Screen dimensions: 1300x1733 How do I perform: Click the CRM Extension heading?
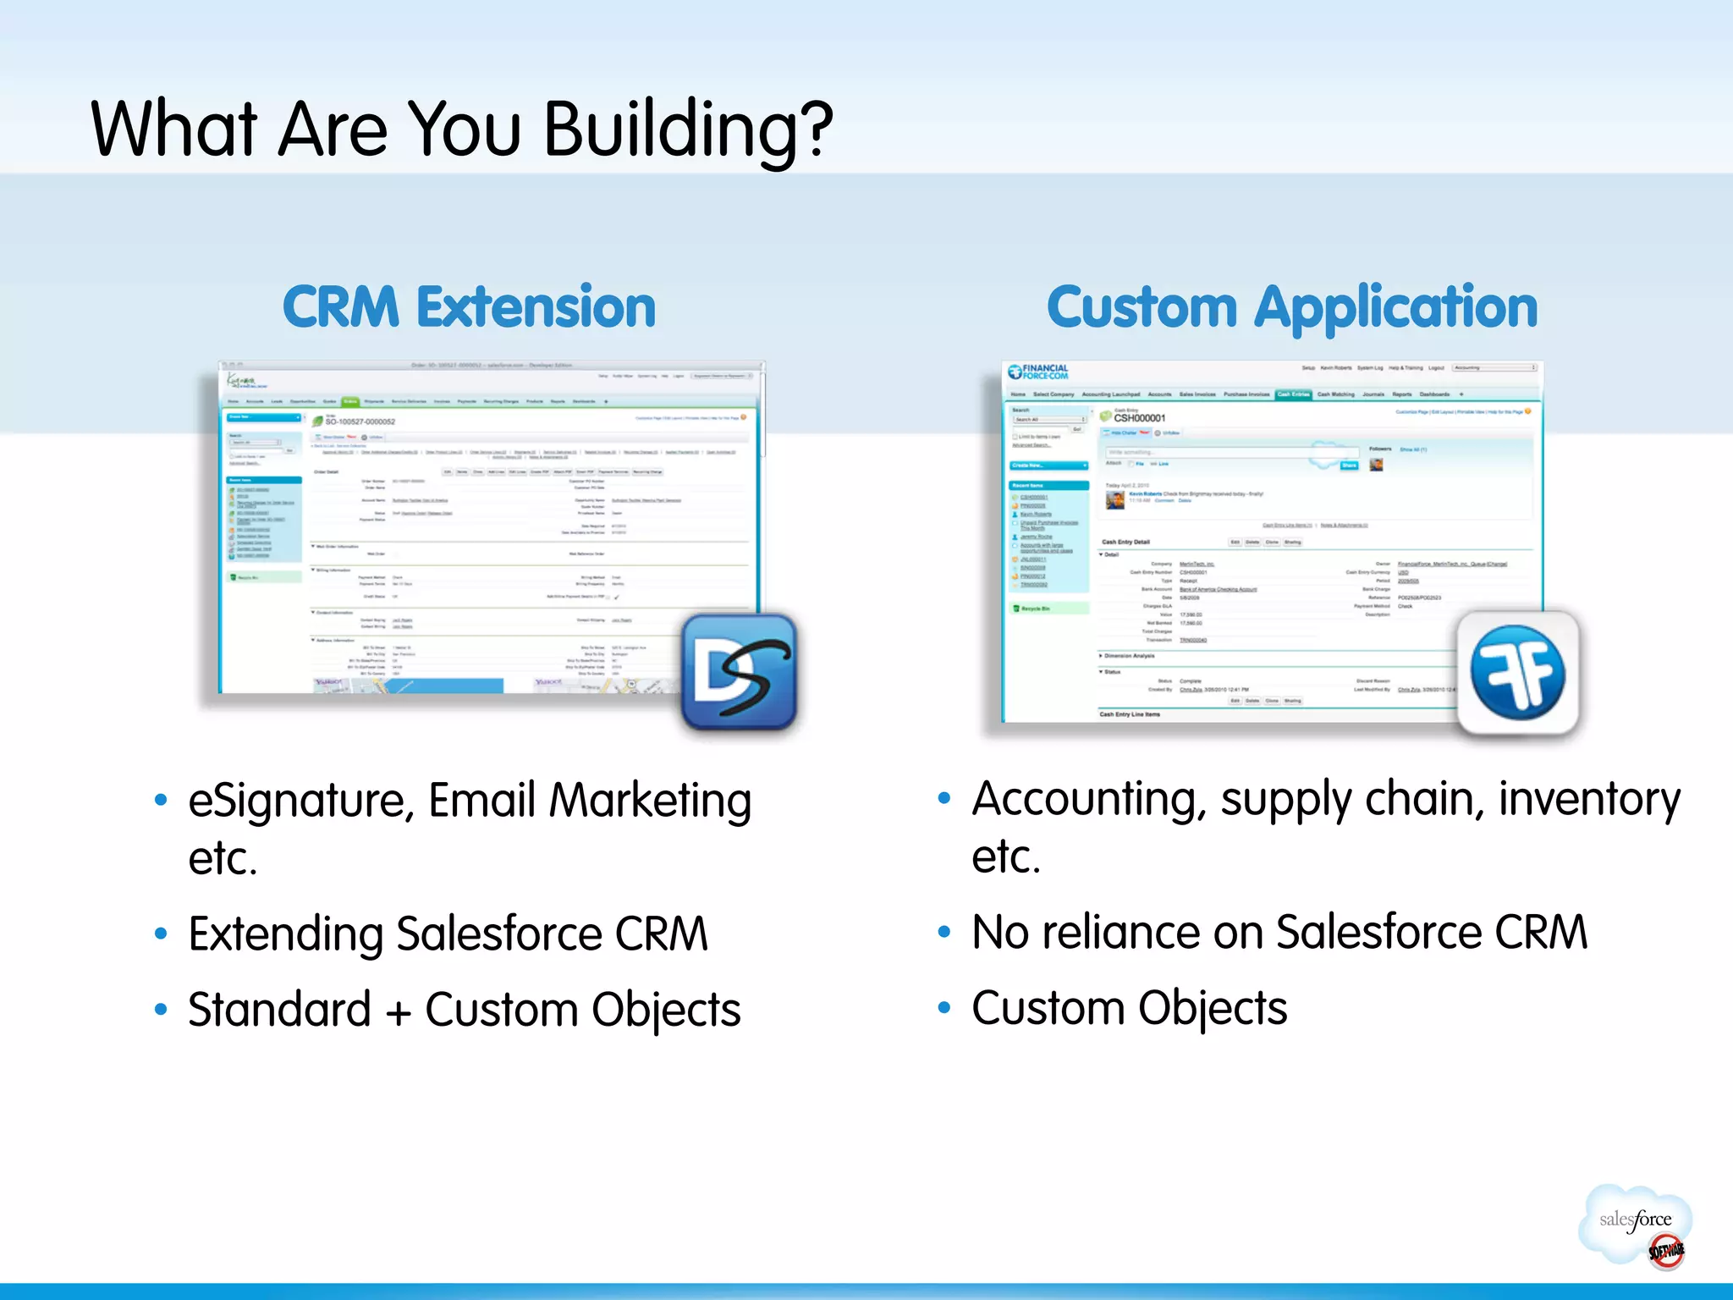[469, 306]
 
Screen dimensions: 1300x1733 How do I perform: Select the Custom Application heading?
[1291, 307]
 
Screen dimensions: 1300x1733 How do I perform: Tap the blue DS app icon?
[739, 672]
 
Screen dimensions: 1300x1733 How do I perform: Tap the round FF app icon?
[1517, 673]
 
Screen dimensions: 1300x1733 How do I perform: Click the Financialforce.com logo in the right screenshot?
[1038, 372]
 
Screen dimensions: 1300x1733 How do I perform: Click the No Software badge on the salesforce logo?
[1666, 1251]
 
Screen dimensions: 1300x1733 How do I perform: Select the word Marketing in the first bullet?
[650, 801]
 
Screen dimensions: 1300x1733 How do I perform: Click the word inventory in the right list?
[1589, 799]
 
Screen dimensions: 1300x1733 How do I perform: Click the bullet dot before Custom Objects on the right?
[944, 1007]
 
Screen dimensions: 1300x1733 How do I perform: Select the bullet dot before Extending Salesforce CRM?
[161, 934]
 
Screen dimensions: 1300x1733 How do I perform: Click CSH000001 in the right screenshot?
[1139, 418]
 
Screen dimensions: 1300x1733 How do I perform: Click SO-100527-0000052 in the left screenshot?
[360, 421]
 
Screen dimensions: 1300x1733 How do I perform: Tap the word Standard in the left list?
[279, 1010]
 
